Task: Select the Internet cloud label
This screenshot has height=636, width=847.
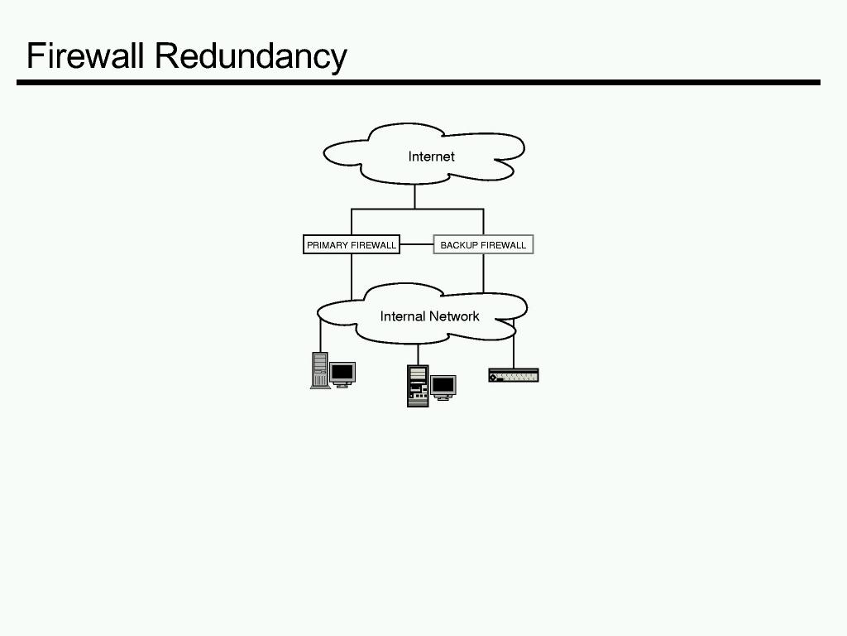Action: pos(431,157)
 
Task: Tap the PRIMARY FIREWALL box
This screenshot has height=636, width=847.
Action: pos(352,245)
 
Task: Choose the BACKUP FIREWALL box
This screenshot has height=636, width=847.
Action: pos(483,245)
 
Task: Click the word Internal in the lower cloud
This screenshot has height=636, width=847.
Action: pos(401,316)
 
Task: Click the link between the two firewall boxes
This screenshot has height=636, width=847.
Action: pos(416,245)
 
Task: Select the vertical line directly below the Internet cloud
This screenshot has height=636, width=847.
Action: pos(414,196)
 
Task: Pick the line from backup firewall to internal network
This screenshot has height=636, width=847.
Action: pos(484,272)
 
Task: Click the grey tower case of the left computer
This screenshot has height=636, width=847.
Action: pos(319,370)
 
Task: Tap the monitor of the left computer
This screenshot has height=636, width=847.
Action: pos(342,373)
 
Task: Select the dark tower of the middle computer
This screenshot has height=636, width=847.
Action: pos(418,386)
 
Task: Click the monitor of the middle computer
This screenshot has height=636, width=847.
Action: pos(443,385)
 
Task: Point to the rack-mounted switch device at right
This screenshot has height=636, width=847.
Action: pos(514,375)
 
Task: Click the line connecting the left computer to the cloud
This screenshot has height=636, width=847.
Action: pos(320,335)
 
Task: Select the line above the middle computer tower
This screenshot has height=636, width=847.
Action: pos(418,354)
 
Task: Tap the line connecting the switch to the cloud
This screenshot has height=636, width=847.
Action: pos(514,352)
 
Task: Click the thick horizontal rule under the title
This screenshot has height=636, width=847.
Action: pos(418,82)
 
